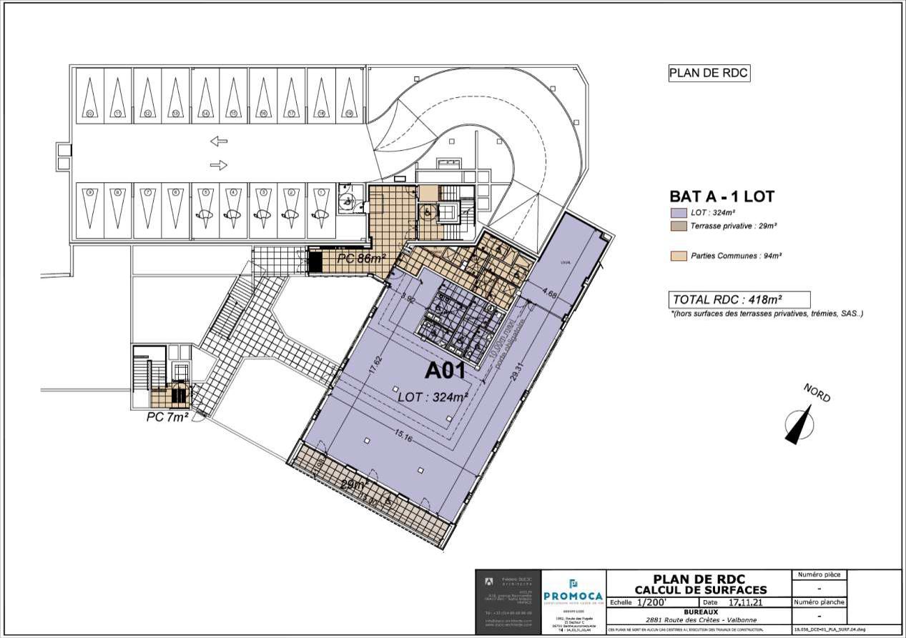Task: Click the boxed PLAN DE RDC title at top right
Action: (709, 74)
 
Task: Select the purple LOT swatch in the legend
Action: (678, 213)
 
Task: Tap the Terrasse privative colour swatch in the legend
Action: (678, 226)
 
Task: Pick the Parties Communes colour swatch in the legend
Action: (678, 255)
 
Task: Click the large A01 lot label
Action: (445, 371)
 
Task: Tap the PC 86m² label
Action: (361, 258)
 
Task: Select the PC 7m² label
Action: (167, 417)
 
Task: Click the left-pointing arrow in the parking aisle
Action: (219, 141)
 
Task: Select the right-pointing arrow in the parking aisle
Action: (219, 165)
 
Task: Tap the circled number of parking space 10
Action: (90, 114)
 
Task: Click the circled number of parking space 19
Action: (349, 114)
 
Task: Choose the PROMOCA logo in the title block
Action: (573, 594)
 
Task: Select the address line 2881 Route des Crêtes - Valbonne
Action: (699, 619)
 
